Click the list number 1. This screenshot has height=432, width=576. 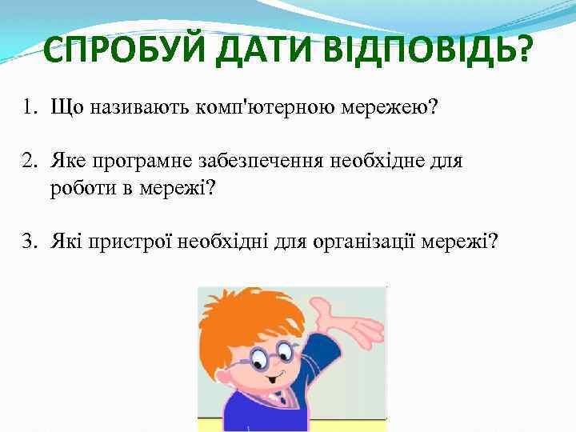[x=29, y=106]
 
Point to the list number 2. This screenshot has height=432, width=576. [x=29, y=162]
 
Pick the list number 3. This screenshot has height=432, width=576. [x=29, y=241]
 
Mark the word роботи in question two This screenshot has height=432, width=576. [x=78, y=189]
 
